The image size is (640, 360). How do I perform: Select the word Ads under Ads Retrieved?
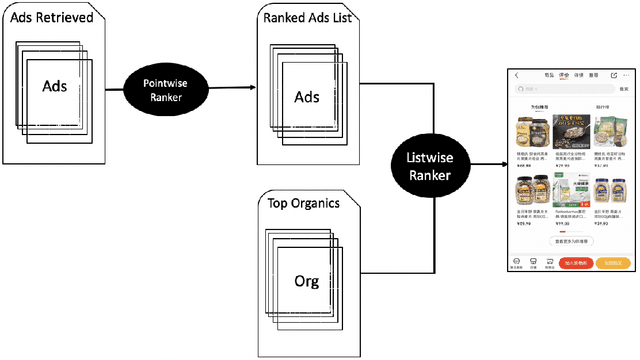pyautogui.click(x=55, y=86)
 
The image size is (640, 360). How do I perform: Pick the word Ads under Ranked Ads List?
pyautogui.click(x=307, y=97)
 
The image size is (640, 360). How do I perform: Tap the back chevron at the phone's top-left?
pyautogui.click(x=517, y=75)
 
